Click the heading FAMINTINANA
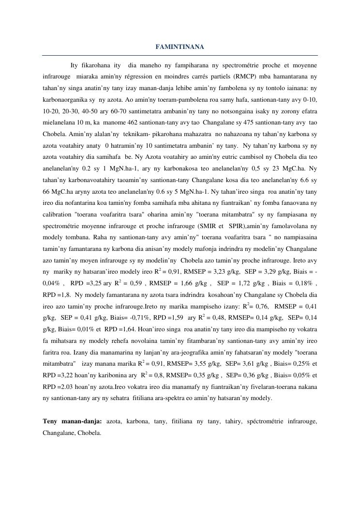[180, 47]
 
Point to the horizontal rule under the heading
[180, 55]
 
